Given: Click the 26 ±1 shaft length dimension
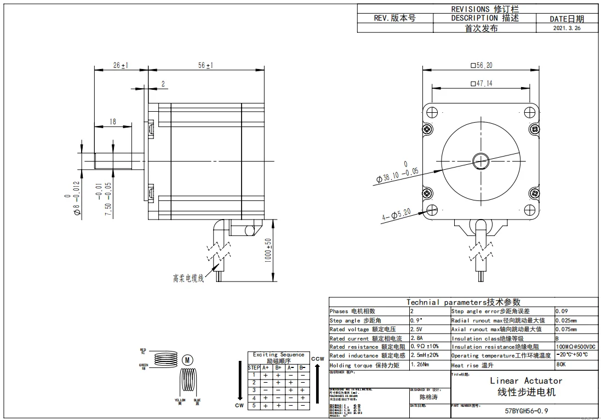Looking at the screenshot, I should pyautogui.click(x=121, y=65).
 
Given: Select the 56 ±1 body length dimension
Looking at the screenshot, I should pyautogui.click(x=206, y=65).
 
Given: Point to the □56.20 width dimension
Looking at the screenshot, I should pyautogui.click(x=482, y=66).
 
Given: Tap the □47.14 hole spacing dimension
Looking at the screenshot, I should pyautogui.click(x=482, y=84).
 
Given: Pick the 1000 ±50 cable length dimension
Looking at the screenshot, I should pyautogui.click(x=268, y=250).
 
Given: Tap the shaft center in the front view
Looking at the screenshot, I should pyautogui.click(x=482, y=160).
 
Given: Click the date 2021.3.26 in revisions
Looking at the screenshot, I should pyautogui.click(x=566, y=28).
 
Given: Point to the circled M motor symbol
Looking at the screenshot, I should pyautogui.click(x=187, y=360).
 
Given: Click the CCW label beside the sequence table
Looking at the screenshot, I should pyautogui.click(x=318, y=359).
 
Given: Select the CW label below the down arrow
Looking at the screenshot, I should pyautogui.click(x=239, y=406).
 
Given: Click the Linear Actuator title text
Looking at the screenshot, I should pyautogui.click(x=526, y=381).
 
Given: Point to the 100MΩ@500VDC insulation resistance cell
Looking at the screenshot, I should pyautogui.click(x=576, y=347).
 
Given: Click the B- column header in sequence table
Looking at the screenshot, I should pyautogui.click(x=302, y=368).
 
